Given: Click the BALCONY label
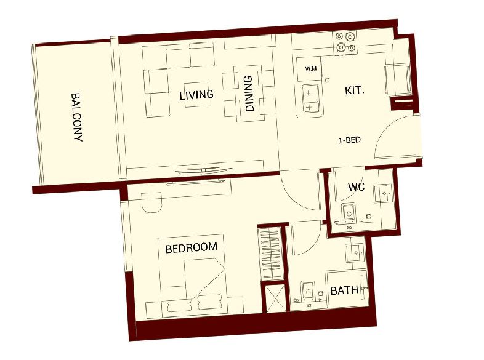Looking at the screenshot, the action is click(77, 117).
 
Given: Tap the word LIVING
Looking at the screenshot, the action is click(196, 95).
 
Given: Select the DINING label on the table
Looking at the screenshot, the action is click(249, 94).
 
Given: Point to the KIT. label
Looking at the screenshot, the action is click(354, 90).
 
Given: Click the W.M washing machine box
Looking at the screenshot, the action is click(309, 69).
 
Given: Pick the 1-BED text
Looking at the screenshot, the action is click(349, 140).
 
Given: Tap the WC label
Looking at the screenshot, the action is click(356, 187).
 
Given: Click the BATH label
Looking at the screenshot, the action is click(344, 290).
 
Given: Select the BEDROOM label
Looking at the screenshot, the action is click(192, 247).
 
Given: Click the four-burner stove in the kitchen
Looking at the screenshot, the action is click(345, 42).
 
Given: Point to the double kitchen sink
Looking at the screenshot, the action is click(310, 98).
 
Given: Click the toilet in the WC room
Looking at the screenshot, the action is click(349, 213).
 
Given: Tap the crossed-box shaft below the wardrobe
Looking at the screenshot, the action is click(275, 298).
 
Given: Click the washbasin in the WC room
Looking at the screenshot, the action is click(384, 194).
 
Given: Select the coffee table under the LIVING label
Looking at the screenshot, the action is click(196, 95).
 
